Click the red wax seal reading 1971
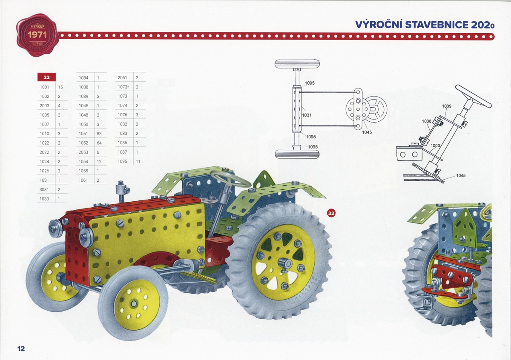[x=37, y=35]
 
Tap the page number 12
[x=21, y=349]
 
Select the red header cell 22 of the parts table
[x=46, y=77]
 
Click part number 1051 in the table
[x=83, y=134]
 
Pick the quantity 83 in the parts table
[x=99, y=134]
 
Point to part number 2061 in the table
[x=122, y=77]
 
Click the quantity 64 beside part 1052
[x=99, y=143]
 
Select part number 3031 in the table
[x=44, y=189]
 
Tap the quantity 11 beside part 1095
[x=138, y=161]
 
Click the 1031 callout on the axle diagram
[x=307, y=115]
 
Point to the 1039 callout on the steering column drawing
[x=447, y=106]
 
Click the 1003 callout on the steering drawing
[x=435, y=146]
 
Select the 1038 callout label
[x=427, y=121]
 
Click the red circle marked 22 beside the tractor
[x=331, y=213]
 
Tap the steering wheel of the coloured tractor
[x=230, y=179]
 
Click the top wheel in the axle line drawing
[x=297, y=64]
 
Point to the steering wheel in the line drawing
[x=474, y=96]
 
